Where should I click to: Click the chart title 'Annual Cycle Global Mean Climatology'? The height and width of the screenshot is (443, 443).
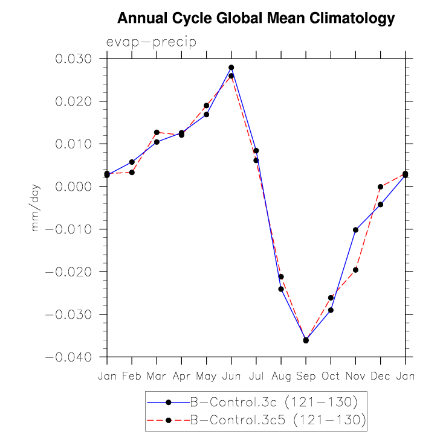click(256, 19)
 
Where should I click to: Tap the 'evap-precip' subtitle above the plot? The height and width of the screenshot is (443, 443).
click(151, 42)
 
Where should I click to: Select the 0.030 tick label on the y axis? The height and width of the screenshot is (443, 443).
click(73, 59)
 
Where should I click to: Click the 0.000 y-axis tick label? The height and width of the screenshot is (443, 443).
click(73, 187)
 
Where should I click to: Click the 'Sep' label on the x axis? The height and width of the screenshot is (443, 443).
click(306, 376)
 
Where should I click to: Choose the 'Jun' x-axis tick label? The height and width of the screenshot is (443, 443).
click(231, 376)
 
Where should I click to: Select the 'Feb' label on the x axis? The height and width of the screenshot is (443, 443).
click(132, 376)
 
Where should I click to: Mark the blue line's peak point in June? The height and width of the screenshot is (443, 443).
click(231, 68)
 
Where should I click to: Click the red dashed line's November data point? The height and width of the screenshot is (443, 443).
click(355, 270)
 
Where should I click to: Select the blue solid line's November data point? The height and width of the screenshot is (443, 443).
click(355, 230)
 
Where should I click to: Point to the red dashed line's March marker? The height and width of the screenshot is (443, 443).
click(157, 132)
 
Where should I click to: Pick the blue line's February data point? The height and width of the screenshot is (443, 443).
click(132, 162)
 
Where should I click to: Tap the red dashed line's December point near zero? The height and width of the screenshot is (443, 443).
click(380, 187)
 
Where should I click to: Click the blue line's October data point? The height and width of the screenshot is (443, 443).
click(331, 310)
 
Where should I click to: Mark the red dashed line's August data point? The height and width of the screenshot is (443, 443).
click(281, 276)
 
